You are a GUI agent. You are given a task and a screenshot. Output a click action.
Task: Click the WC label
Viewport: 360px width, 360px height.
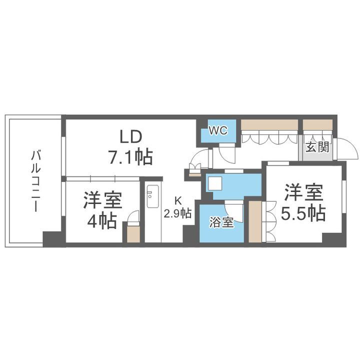218,131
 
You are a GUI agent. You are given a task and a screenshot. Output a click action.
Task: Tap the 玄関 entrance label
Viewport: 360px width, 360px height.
317,147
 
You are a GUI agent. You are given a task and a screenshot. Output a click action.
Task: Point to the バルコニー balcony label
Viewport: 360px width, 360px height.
34,180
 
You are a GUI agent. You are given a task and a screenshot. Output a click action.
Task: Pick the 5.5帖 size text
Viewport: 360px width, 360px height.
303,213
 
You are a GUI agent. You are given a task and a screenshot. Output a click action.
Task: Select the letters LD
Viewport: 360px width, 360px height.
131,136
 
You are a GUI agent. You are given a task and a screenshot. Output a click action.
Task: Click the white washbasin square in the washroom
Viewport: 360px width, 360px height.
215,184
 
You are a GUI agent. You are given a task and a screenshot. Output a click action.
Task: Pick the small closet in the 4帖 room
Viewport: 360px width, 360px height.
133,234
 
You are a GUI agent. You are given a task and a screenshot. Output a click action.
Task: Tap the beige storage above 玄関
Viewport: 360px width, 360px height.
318,124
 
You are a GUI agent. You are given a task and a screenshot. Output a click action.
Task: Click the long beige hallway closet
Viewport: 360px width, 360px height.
269,124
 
